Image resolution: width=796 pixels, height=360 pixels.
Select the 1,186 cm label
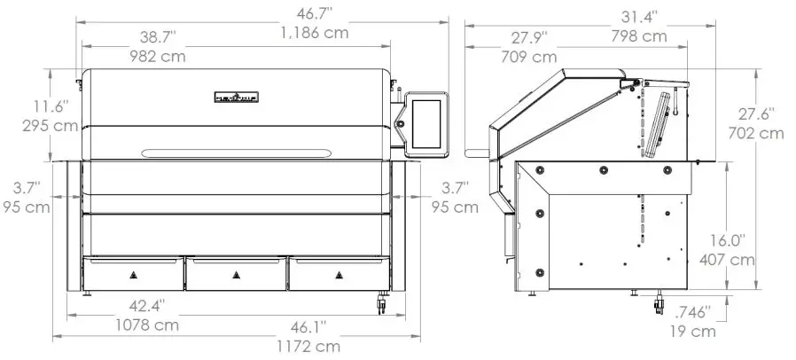[314, 34]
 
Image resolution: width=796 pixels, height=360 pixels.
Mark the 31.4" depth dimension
[637, 16]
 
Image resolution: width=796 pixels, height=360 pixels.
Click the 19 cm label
[691, 332]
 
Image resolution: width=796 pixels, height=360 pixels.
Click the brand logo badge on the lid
[237, 96]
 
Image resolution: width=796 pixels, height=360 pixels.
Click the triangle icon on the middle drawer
[236, 274]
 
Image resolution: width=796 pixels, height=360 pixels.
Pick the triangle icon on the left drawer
[133, 274]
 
